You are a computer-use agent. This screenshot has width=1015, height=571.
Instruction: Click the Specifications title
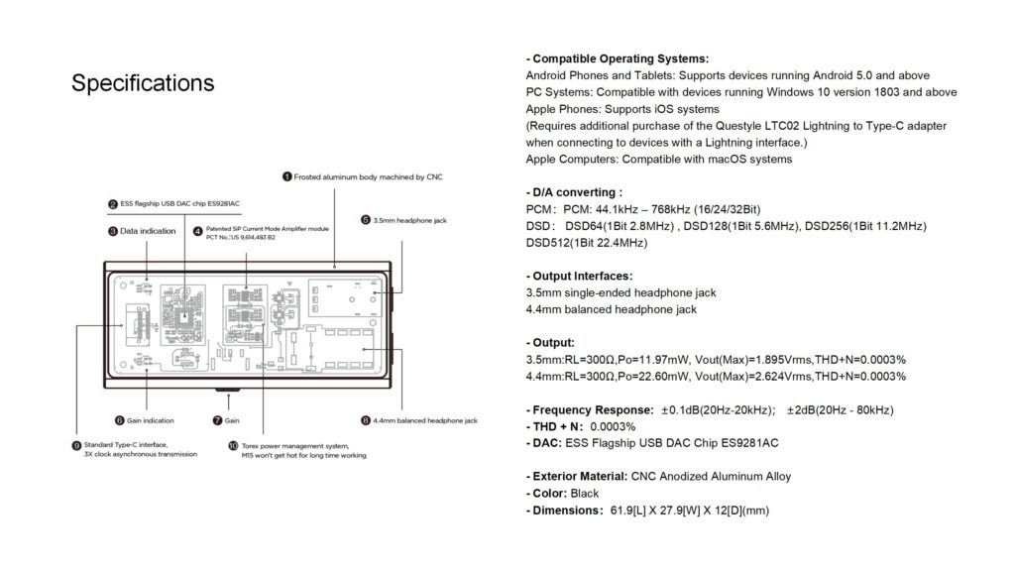pos(143,83)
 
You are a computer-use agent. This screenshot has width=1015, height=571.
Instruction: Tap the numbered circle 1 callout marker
pos(286,176)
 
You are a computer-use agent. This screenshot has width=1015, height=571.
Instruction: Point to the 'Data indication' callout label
pos(148,231)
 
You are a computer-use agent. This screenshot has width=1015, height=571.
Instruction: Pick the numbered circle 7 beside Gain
pos(217,420)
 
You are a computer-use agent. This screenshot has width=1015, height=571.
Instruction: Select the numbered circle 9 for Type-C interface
pos(76,445)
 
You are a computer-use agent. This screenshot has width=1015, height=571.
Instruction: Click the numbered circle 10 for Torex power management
pos(233,446)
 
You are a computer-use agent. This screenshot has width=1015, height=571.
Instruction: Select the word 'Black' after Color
pos(585,493)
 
